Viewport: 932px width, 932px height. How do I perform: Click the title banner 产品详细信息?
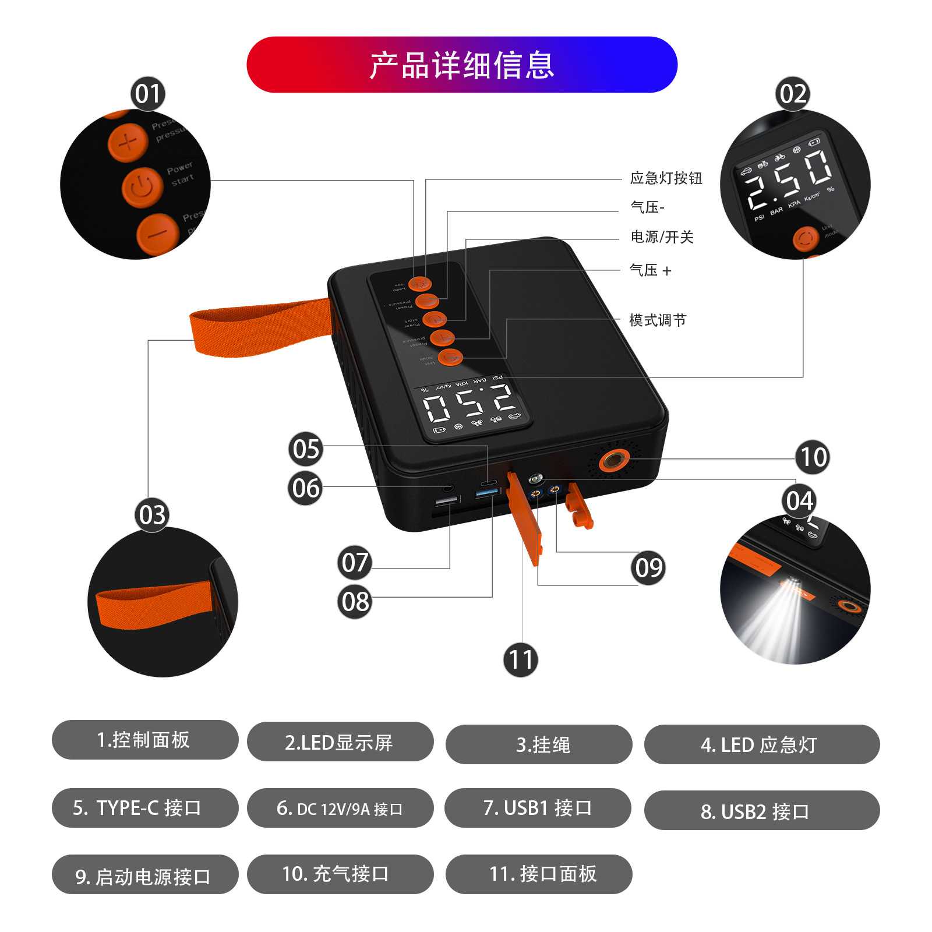coord(462,65)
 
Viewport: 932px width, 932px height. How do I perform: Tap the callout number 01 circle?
coord(147,94)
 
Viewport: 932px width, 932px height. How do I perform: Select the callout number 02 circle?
coord(793,94)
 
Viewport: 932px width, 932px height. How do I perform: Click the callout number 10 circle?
coord(813,457)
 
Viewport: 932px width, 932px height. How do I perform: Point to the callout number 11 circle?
coord(520,659)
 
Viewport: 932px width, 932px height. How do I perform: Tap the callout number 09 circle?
coord(648,567)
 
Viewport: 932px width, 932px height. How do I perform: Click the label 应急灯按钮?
coord(666,178)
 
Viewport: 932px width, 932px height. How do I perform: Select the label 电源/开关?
coord(662,237)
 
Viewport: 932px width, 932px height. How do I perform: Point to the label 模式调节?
coord(658,320)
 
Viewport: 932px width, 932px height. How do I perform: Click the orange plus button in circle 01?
coord(128,142)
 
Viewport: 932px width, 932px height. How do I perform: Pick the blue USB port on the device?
coord(488,493)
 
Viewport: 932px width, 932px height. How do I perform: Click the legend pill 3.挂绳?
coord(539,744)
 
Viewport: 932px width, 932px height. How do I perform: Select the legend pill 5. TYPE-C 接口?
coord(145,808)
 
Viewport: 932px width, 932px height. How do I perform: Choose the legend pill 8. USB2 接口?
coord(761,810)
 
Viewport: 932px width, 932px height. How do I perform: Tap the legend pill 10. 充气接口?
coord(340,874)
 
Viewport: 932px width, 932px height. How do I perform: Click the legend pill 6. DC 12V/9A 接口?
coord(340,808)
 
